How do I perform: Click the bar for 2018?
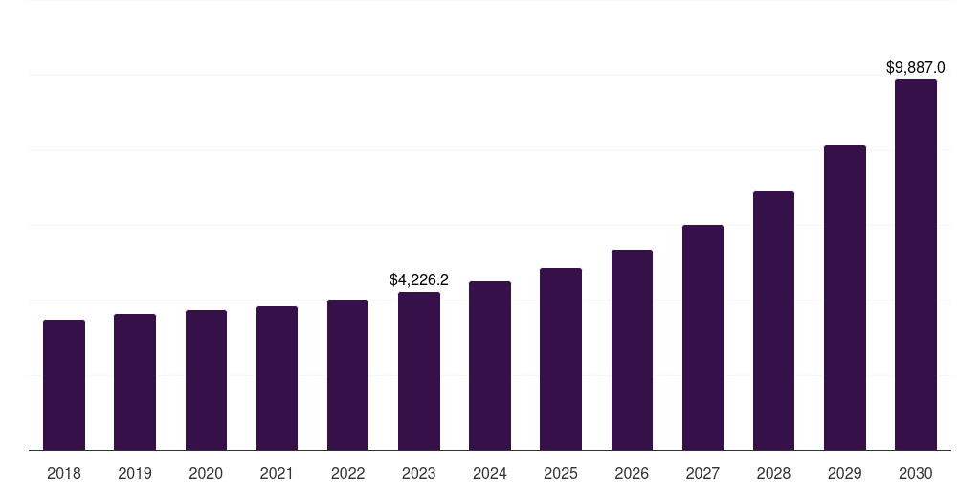coord(64,385)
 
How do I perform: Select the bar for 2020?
coord(206,380)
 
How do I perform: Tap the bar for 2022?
coord(347,375)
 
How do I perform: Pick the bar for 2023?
coord(419,371)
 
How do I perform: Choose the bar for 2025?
coord(561,359)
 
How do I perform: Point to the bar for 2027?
coord(702,338)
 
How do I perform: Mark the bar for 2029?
coord(845,298)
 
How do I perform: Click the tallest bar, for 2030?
coord(916,265)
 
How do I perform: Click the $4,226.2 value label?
coord(419,280)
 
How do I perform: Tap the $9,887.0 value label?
coord(916,68)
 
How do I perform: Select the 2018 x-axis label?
coord(64,473)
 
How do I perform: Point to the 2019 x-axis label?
coord(135,473)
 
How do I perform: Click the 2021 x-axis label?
coord(277,473)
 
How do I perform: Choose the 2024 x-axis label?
coord(490,473)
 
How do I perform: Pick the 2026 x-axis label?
coord(632,473)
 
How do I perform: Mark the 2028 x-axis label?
coord(773,473)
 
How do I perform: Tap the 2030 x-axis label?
coord(916,473)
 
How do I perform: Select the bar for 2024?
coord(490,366)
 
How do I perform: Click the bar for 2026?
coord(632,350)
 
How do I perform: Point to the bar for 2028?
coord(773,321)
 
